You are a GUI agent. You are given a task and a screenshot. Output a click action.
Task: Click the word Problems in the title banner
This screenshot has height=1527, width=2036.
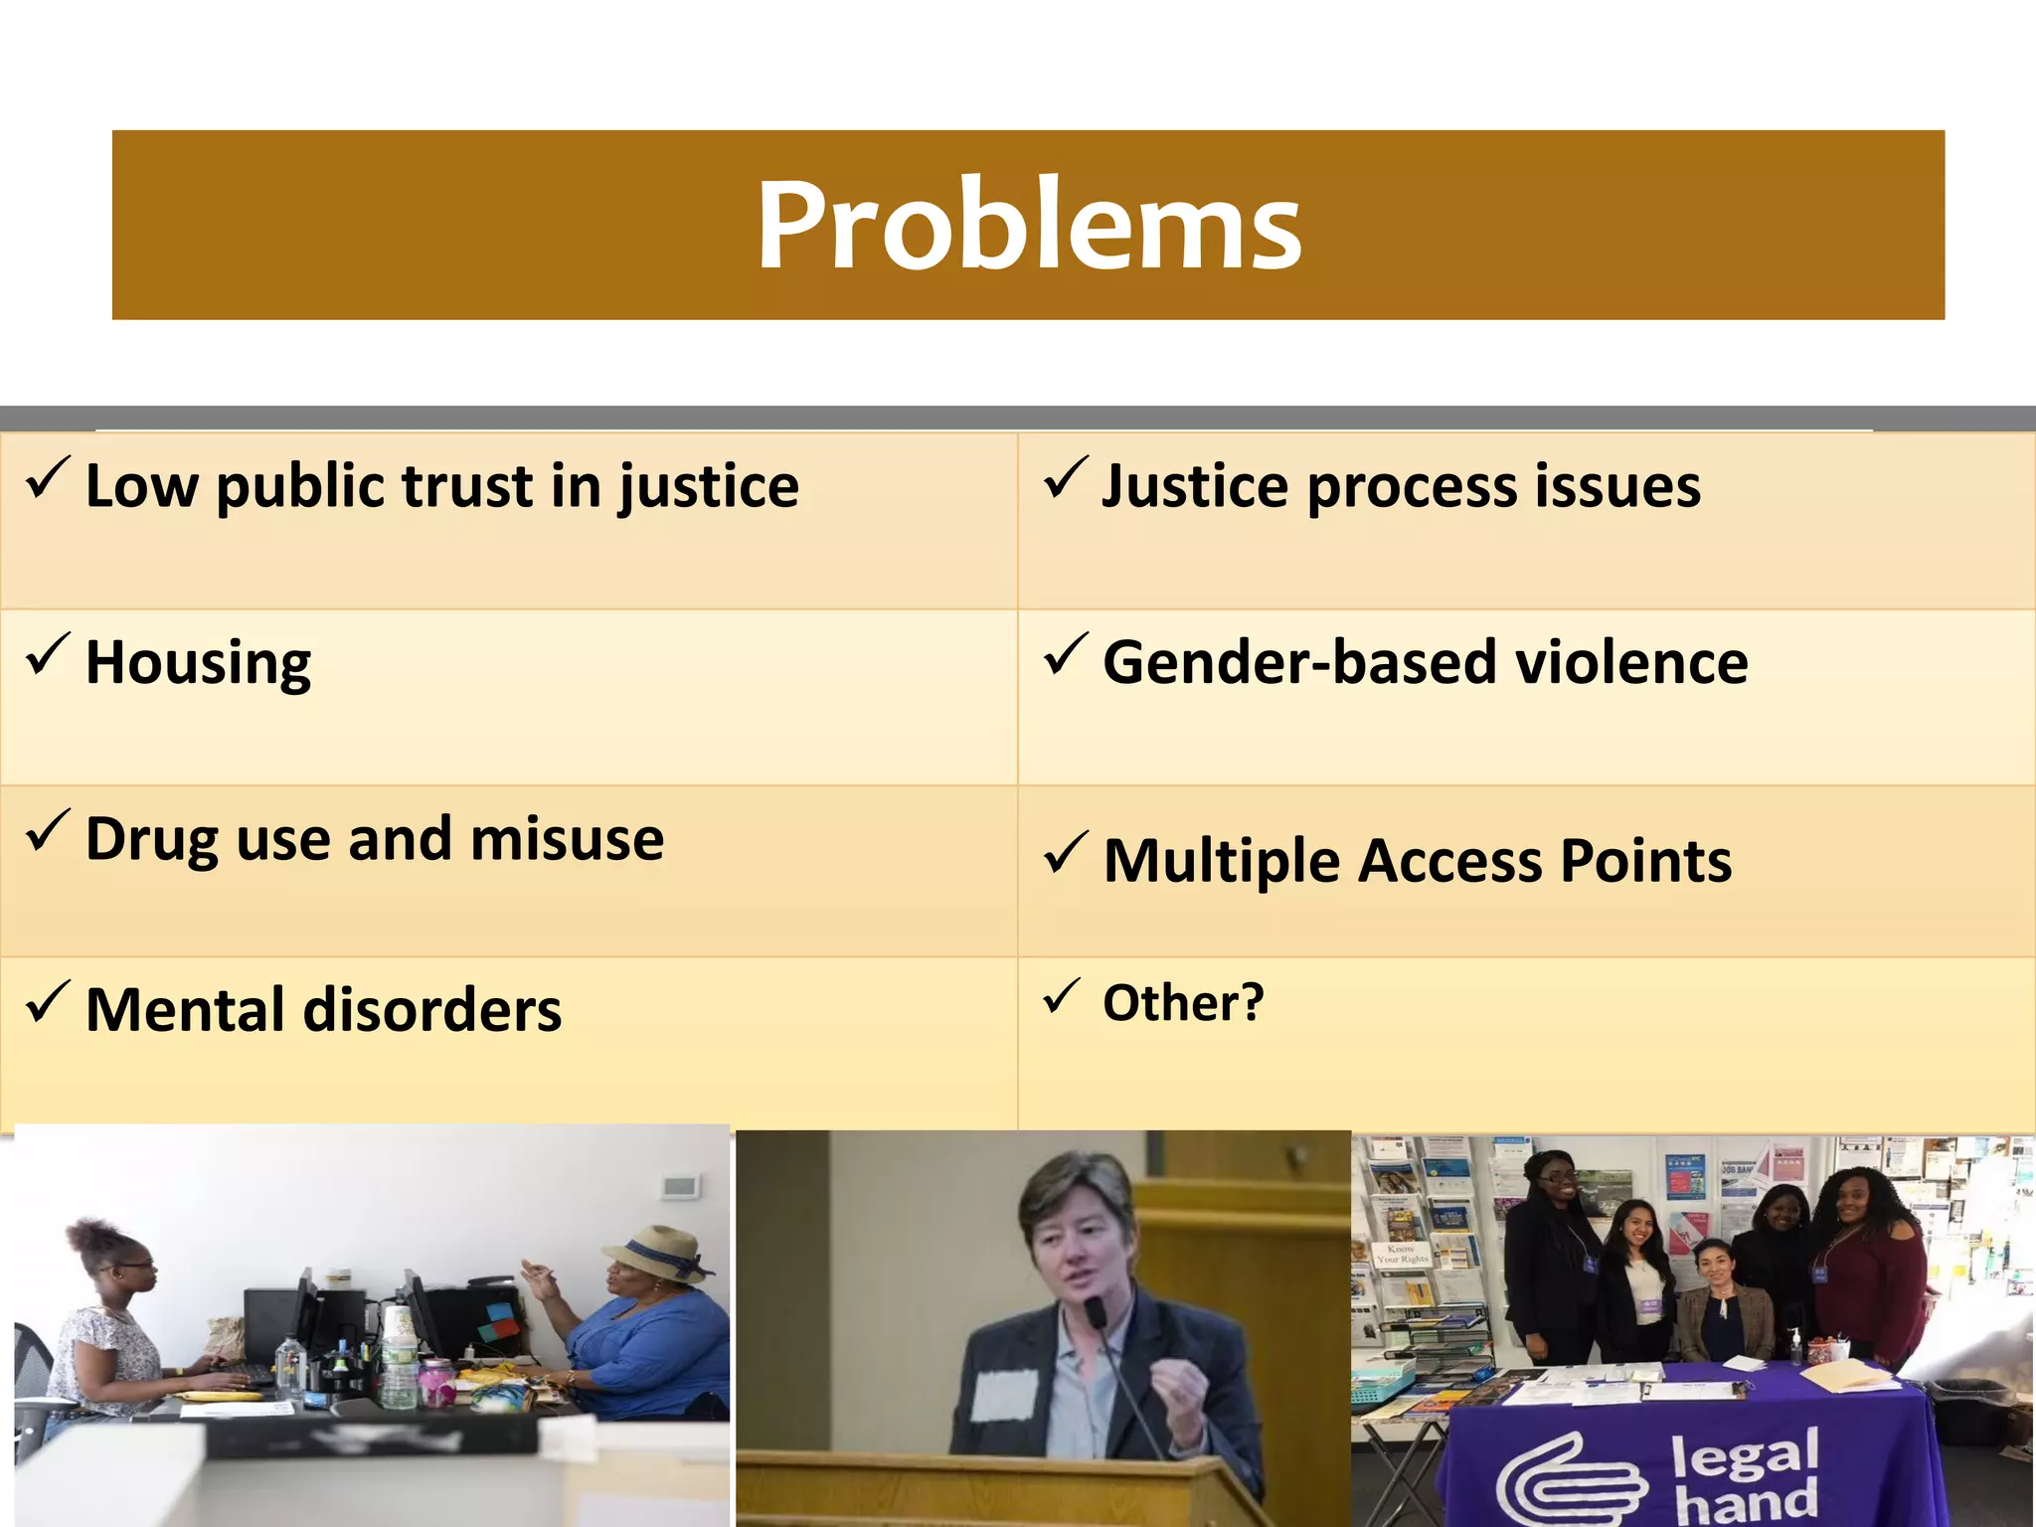coord(1028,226)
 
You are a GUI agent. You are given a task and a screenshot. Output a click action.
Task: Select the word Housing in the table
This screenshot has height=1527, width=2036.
coord(198,663)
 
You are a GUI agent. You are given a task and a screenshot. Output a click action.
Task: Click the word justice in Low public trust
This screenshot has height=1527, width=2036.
coord(708,487)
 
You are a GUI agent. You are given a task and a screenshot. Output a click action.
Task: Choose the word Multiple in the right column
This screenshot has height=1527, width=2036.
coord(1220,861)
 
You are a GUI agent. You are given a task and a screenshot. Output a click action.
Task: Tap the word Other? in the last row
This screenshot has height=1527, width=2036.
coord(1183,1002)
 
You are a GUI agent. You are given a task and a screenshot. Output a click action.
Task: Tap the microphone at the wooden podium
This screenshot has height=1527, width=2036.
coord(1095,1313)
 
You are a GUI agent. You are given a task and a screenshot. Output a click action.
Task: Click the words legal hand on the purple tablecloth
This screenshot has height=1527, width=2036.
coord(1745,1475)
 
